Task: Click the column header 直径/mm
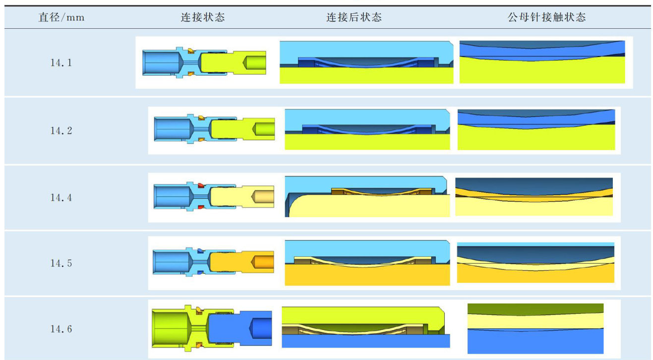[61, 18]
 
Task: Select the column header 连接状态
[202, 18]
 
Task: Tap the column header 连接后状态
[354, 18]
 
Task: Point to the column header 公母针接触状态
[546, 18]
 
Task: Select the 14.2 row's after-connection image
[367, 129]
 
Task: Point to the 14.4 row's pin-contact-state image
[534, 197]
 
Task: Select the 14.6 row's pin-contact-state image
[535, 328]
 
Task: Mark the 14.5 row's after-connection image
[367, 263]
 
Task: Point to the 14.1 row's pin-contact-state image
[542, 62]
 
